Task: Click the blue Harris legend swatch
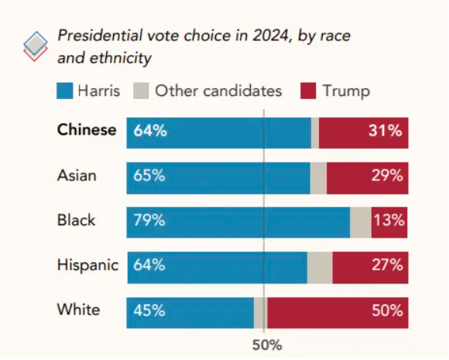65,91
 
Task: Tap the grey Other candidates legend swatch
141,91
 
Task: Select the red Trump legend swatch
308,91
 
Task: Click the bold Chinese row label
87,130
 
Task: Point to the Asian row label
77,175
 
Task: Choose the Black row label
76,220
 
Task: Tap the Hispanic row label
87,265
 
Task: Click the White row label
79,310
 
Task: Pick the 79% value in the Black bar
149,220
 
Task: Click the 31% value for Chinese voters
386,131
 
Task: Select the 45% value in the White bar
149,310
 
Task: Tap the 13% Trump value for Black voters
389,220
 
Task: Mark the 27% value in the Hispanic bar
387,265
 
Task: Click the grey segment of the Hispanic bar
320,268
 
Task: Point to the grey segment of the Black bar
361,222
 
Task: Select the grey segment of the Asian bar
318,178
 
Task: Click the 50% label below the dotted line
267,345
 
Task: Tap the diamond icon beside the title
36,46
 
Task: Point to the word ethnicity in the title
121,58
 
